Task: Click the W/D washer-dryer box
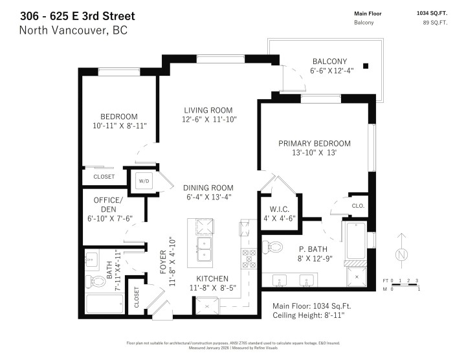142,181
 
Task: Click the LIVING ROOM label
207,110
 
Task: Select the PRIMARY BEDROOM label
315,143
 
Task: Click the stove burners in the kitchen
249,258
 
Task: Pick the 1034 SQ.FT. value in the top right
433,13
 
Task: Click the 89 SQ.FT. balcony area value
434,23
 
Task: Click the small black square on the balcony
366,65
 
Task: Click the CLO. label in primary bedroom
358,206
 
